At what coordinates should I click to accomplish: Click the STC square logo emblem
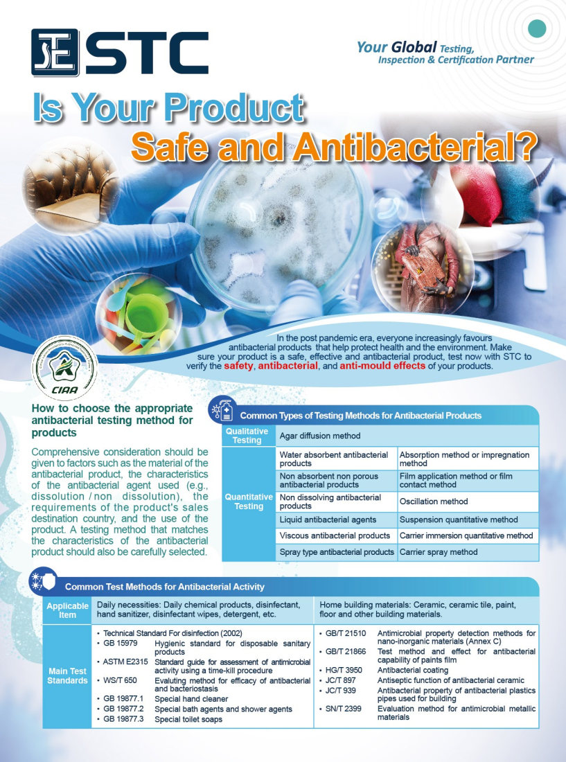tap(55, 53)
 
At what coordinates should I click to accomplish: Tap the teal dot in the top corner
tap(537, 28)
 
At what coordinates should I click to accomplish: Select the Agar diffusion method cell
tap(407, 436)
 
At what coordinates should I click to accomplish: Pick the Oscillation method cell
tap(468, 502)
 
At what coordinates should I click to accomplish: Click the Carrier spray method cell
tap(468, 552)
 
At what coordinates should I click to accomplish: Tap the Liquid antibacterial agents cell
tap(336, 520)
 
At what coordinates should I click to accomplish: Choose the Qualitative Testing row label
tap(247, 436)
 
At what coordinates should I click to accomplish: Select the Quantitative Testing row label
tap(249, 502)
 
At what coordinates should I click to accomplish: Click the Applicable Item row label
tap(67, 610)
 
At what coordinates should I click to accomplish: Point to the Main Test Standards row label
tap(67, 676)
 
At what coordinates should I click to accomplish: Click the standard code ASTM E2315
tap(125, 662)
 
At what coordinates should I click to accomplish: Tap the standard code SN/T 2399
tap(344, 709)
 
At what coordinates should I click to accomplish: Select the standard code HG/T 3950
tap(344, 670)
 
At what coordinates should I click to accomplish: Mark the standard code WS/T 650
tap(120, 680)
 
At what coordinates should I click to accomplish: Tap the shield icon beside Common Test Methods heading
tap(42, 581)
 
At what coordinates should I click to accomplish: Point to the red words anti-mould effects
tap(382, 366)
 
